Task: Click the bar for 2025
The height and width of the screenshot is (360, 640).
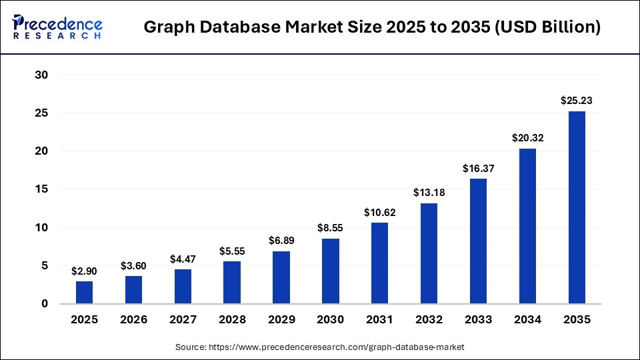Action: click(x=85, y=292)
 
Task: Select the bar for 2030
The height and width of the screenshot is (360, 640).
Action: click(x=331, y=271)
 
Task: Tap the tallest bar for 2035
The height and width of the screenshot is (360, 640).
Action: click(x=577, y=207)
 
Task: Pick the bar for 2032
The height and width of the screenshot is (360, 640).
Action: click(x=429, y=253)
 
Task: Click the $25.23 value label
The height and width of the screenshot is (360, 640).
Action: click(x=577, y=101)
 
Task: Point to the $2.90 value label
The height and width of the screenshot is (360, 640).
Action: click(x=85, y=271)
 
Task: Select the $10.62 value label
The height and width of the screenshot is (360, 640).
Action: click(x=380, y=212)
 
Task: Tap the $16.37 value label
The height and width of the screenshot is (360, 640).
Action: click(x=479, y=169)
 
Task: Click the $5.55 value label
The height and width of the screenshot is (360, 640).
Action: click(x=232, y=251)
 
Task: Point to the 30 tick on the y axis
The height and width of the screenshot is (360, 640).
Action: click(x=41, y=75)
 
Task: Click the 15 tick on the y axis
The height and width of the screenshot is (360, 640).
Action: click(x=41, y=189)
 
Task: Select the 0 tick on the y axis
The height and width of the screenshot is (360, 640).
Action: click(x=45, y=304)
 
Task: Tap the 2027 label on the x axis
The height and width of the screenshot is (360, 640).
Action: click(x=183, y=320)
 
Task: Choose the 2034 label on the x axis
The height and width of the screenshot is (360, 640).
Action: click(x=527, y=320)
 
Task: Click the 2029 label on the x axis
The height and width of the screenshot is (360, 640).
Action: click(x=281, y=320)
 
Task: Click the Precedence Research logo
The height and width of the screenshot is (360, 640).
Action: click(x=57, y=27)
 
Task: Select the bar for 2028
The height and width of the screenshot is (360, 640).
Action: click(x=232, y=282)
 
